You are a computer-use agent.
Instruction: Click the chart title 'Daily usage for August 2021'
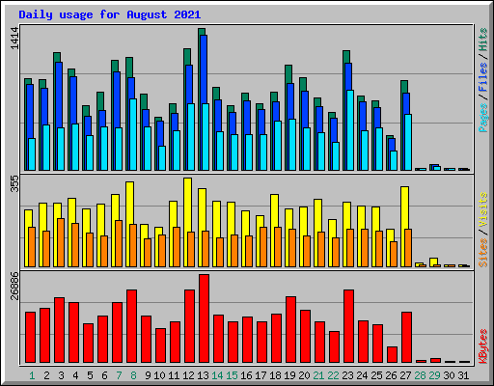pos(109,15)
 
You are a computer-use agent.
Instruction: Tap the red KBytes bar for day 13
pos(204,318)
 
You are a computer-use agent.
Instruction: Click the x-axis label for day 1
pos(32,374)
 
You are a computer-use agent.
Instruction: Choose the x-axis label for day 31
pos(463,374)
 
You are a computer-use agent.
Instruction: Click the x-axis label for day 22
pos(333,374)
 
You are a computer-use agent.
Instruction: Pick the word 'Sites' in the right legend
pos(482,250)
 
